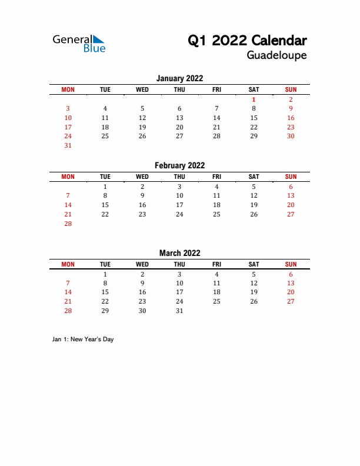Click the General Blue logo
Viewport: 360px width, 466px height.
[x=79, y=42]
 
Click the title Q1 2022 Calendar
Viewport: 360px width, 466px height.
[x=247, y=41]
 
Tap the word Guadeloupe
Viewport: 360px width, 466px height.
[x=276, y=56]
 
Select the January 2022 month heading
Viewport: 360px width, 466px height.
[x=179, y=78]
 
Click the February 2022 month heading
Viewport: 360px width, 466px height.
[x=179, y=166]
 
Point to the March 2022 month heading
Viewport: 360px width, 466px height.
[x=179, y=253]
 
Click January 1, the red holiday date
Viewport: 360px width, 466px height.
[x=254, y=99]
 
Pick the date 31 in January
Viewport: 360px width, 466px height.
[x=68, y=145]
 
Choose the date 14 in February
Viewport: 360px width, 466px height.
[x=68, y=205]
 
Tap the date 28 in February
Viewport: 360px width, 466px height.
[x=68, y=224]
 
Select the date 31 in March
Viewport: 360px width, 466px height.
[x=179, y=311]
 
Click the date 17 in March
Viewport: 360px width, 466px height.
[x=179, y=292]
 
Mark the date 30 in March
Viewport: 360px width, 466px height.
[x=142, y=311]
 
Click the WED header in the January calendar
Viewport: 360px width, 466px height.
[x=142, y=89]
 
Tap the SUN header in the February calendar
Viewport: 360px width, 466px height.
[x=291, y=177]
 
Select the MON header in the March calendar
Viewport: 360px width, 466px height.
[x=68, y=264]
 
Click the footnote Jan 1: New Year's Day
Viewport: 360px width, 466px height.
[x=82, y=339]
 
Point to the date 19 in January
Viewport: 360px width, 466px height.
[x=142, y=127]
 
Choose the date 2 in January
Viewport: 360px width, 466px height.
[x=291, y=99]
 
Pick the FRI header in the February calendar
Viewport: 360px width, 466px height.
[x=216, y=177]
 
